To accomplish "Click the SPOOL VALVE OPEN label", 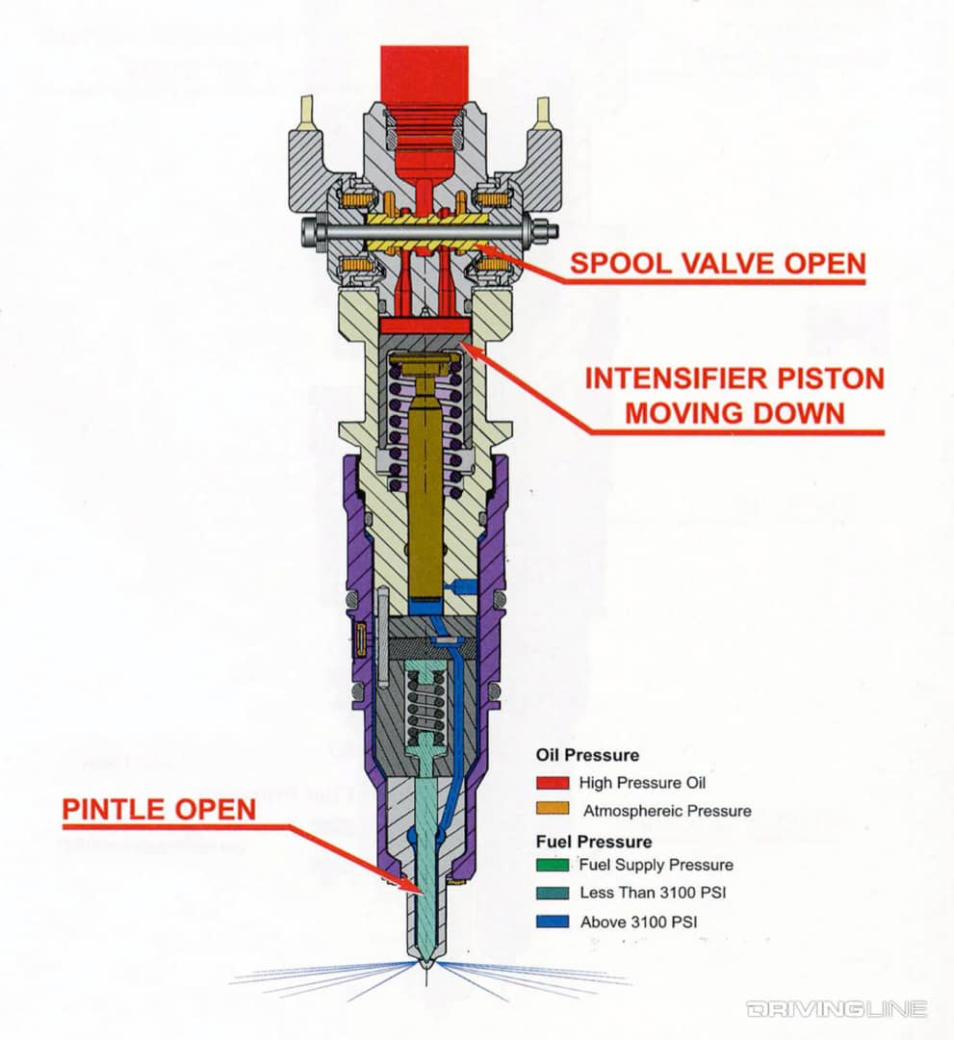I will [x=716, y=263].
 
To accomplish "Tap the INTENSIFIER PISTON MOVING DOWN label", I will [x=735, y=395].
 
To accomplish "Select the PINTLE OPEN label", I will [x=159, y=809].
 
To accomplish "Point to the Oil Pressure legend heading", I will [x=587, y=756].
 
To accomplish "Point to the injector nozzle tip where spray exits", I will [x=425, y=964].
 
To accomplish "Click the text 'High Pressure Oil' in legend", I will [x=643, y=783].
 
